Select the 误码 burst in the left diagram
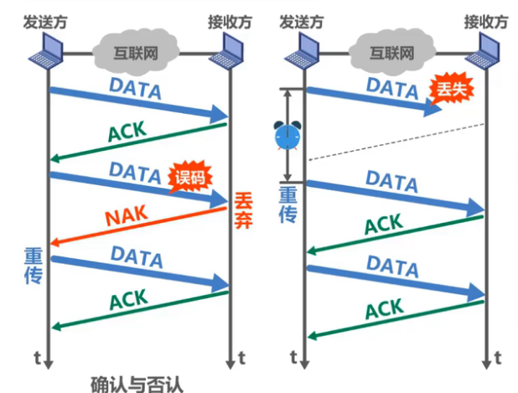[189, 176]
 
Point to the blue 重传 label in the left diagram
[34, 264]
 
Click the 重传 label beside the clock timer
[288, 204]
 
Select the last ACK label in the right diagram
[384, 310]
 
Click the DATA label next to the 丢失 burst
[391, 87]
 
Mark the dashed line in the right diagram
[394, 141]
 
